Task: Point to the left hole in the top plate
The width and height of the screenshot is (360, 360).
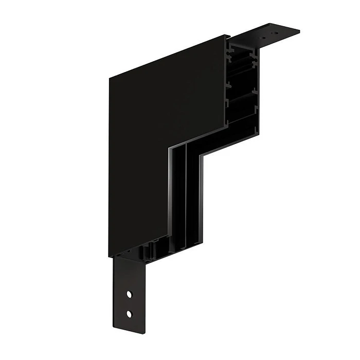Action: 261,37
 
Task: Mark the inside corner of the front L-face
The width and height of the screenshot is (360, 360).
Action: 168,150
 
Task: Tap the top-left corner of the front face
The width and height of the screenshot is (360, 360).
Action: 110,78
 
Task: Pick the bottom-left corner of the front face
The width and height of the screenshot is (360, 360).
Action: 110,257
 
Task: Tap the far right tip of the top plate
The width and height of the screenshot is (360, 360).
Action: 299,30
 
